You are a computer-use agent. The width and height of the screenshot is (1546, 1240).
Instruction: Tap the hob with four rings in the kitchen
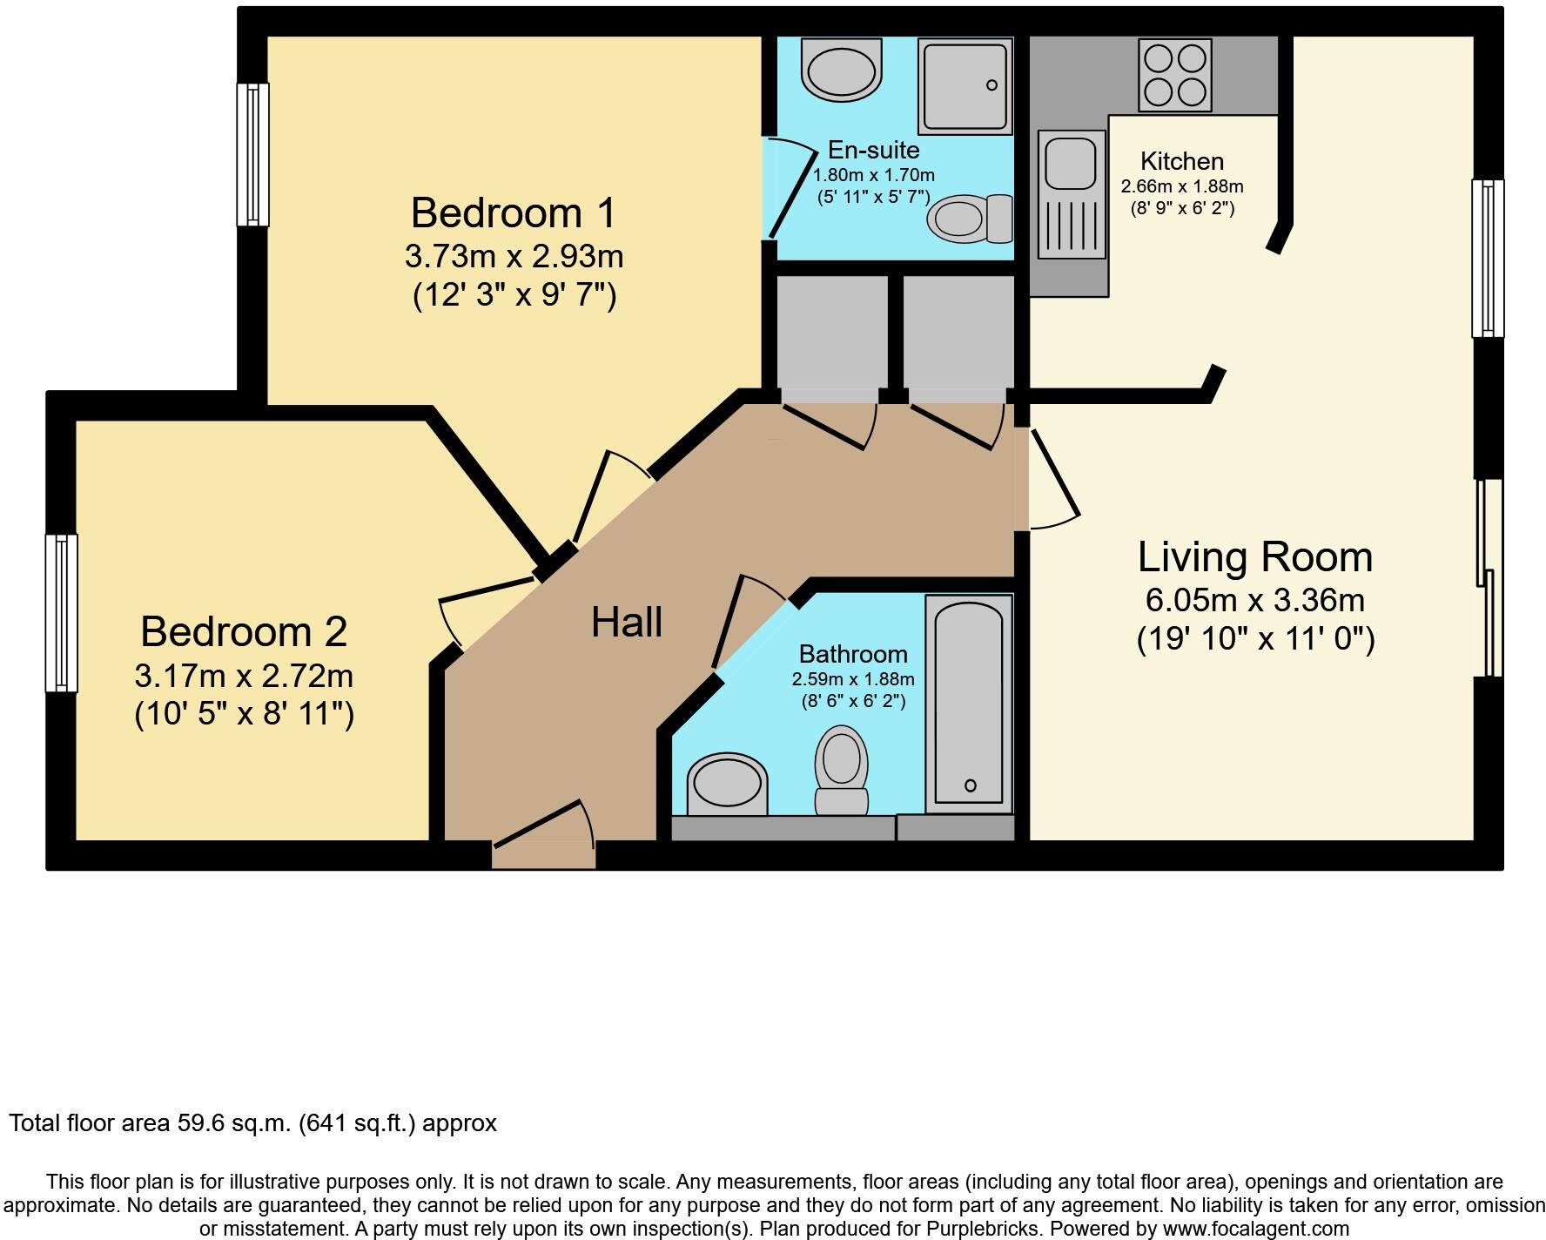pyautogui.click(x=1174, y=75)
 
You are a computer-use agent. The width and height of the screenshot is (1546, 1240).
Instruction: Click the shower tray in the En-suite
pyautogui.click(x=965, y=86)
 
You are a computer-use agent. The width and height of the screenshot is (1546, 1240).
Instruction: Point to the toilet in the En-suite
pyautogui.click(x=970, y=218)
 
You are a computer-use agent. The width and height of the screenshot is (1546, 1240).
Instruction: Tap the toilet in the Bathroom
pyautogui.click(x=842, y=770)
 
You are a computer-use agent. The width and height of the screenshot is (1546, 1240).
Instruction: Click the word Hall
pyautogui.click(x=627, y=623)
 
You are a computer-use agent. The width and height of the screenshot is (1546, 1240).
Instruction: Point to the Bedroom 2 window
pyautogui.click(x=62, y=613)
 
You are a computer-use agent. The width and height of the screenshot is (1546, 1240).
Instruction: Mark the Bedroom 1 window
pyautogui.click(x=253, y=154)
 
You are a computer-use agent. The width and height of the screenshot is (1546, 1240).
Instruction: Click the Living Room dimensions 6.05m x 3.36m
pyautogui.click(x=1254, y=600)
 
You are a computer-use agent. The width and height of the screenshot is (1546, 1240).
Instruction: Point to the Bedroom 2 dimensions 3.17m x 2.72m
pyautogui.click(x=244, y=675)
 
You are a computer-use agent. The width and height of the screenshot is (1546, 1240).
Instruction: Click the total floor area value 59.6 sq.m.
pyautogui.click(x=230, y=1123)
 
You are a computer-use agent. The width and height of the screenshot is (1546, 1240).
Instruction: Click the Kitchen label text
pyautogui.click(x=1181, y=161)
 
